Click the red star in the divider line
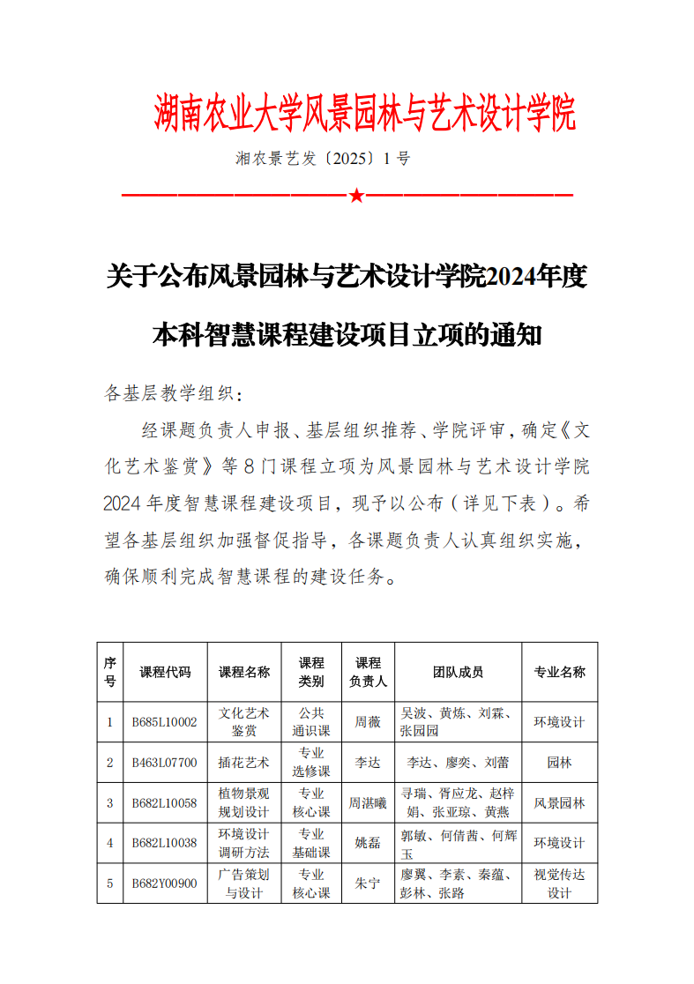coord(355,195)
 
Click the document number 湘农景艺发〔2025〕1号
coord(323,160)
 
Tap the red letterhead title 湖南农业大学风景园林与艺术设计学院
coord(364,114)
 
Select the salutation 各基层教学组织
coord(171,393)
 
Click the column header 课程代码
coord(165,672)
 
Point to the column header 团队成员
coord(458,672)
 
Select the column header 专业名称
coord(559,672)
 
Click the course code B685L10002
coord(165,722)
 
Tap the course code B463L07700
coord(165,762)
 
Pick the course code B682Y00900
coord(165,883)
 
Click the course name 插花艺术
coord(244,762)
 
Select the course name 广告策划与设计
coord(244,883)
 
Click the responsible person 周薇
coord(368,722)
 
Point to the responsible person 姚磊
coord(368,843)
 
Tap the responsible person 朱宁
coord(368,883)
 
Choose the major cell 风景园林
coord(559,802)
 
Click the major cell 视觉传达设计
coord(559,883)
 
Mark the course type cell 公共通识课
coord(311,722)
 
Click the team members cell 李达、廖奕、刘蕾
coord(458,762)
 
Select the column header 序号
coord(110,672)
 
